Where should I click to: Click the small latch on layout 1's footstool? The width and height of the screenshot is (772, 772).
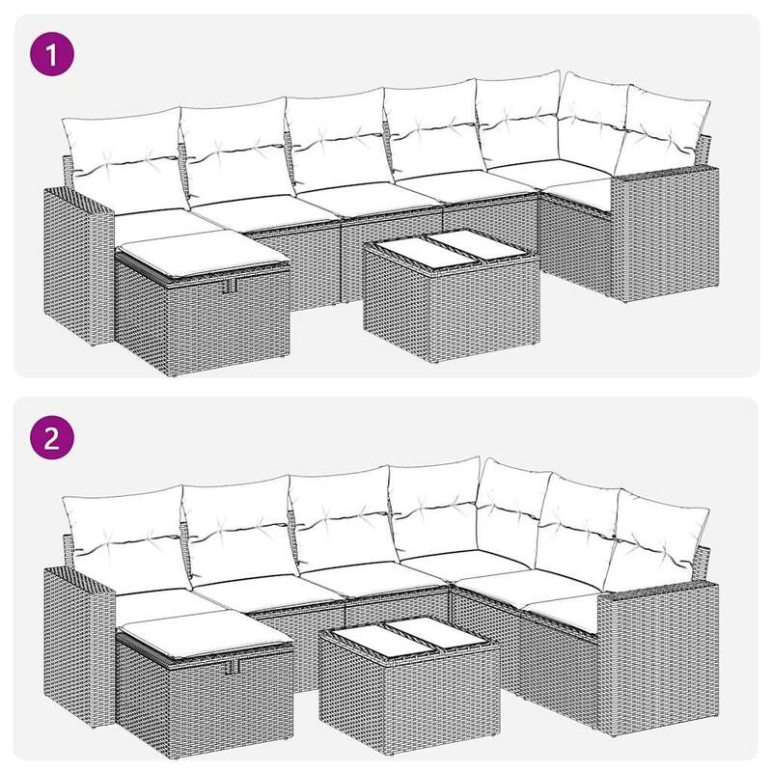click(x=230, y=286)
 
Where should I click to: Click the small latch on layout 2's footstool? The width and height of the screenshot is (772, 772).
click(x=232, y=666)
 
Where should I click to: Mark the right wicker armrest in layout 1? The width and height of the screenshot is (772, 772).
click(x=666, y=232)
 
